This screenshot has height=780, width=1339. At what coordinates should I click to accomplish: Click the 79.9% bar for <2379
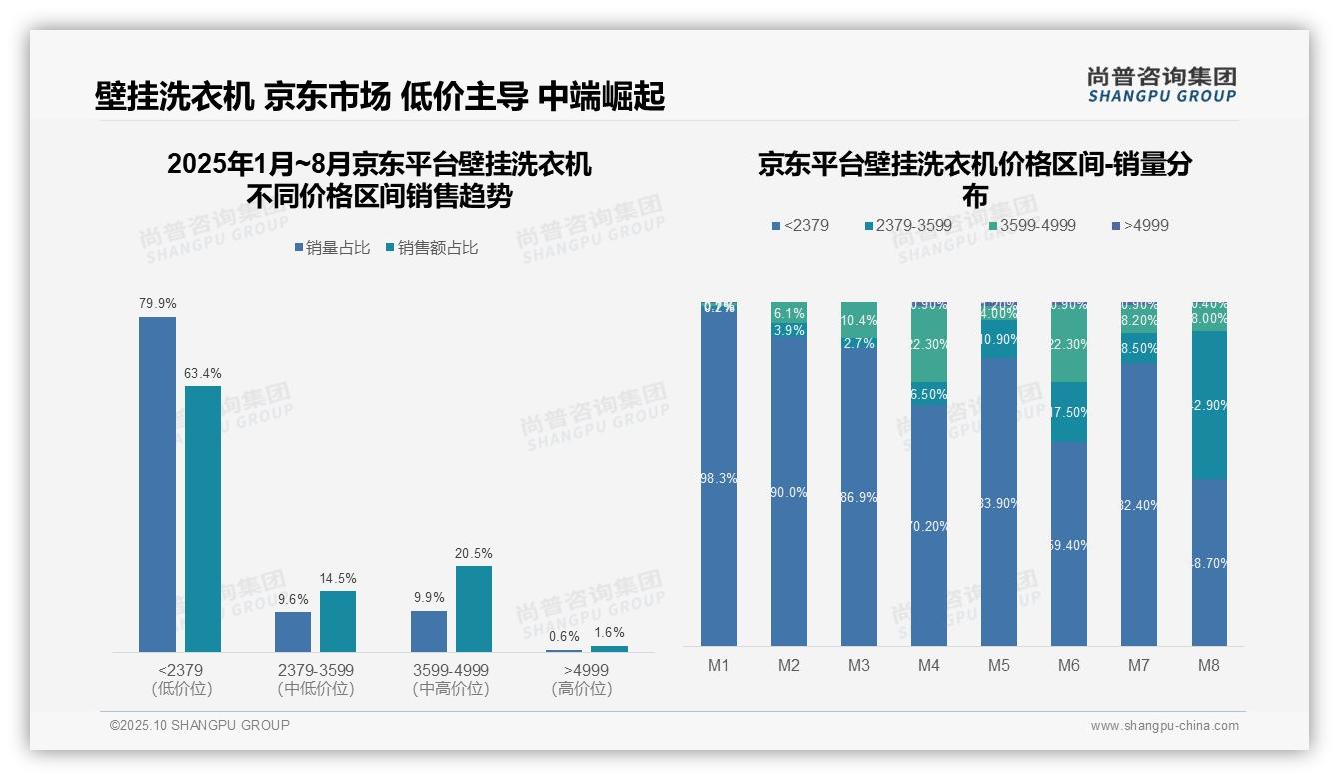coord(157,484)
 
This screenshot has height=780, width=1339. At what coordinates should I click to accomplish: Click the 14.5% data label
coord(338,578)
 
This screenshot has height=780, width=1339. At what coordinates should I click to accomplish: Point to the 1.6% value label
coord(609,632)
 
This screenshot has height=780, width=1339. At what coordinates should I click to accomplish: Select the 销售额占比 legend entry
coord(431,248)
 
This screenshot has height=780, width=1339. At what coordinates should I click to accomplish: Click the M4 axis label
coord(929,665)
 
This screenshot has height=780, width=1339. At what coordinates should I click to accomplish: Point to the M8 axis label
coord(1209,665)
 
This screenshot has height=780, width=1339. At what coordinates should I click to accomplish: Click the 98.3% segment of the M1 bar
coord(719,478)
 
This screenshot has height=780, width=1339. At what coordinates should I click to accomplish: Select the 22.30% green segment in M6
coord(1069,345)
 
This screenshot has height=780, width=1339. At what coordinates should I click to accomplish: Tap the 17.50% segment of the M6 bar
coord(1069,412)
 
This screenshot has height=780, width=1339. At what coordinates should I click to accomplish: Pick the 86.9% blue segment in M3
coord(859,497)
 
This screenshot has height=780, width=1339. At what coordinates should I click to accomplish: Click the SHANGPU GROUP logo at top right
coord(1162,85)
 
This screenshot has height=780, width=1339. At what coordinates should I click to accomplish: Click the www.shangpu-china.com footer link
coord(1164,726)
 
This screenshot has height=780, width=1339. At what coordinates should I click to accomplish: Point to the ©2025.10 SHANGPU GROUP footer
coord(200,725)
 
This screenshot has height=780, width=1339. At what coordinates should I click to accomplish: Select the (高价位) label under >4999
coord(582,689)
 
